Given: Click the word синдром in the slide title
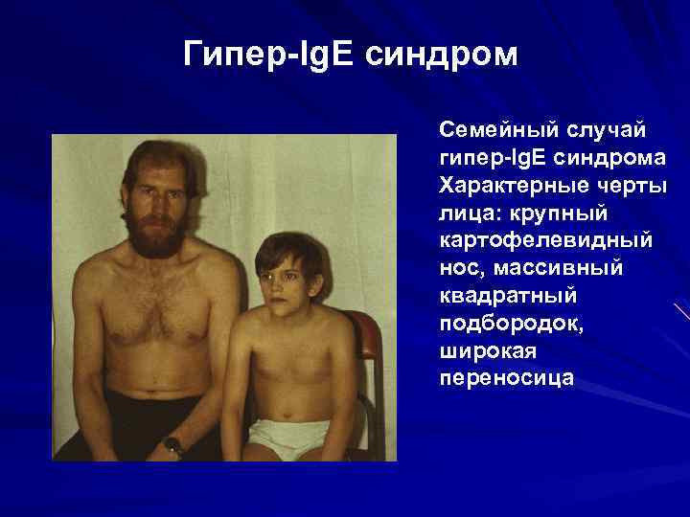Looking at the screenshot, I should (449, 55).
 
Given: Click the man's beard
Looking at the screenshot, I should (157, 231).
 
